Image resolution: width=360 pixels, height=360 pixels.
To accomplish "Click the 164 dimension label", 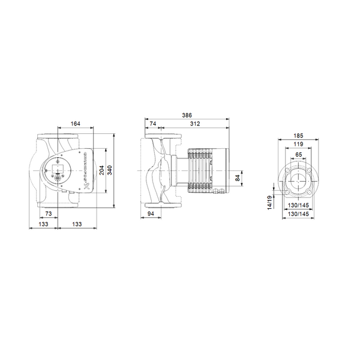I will (x=74, y=124).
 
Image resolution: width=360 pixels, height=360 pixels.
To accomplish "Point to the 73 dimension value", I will (x=48, y=214).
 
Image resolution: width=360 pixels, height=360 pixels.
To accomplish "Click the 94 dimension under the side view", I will (x=153, y=214).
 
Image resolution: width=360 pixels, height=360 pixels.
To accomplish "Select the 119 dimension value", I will (x=298, y=145).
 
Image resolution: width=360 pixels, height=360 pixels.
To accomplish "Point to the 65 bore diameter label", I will (x=298, y=154).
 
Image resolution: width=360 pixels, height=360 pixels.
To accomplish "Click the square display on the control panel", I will (x=59, y=165).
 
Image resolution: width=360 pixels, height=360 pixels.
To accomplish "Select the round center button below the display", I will (x=59, y=176).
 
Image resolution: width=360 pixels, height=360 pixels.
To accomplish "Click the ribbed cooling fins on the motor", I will (x=200, y=172).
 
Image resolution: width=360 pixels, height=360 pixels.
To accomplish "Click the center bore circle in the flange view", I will (x=298, y=178).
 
